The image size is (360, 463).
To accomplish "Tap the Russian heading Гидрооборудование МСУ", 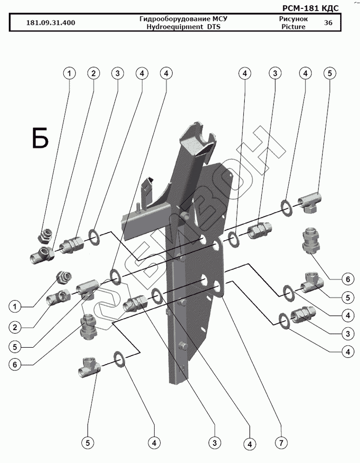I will click(184, 19).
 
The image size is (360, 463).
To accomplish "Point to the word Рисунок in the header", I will click(293, 19).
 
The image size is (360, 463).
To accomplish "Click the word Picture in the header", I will click(293, 27).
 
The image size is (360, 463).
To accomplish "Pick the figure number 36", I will click(328, 23).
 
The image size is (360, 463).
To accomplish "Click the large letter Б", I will click(40, 138).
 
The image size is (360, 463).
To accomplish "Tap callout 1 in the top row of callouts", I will click(69, 73).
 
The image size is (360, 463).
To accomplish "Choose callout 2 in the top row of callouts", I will click(93, 73).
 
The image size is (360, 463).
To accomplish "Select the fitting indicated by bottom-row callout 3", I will click(135, 303).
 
